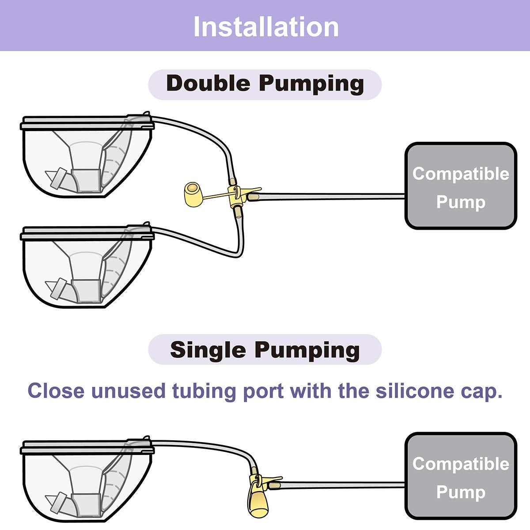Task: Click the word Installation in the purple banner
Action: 266,26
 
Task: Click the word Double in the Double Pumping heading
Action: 208,83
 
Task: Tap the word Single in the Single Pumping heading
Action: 208,350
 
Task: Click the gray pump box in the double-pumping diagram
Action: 461,186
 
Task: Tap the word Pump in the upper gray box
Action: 461,202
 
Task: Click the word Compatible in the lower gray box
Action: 461,464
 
